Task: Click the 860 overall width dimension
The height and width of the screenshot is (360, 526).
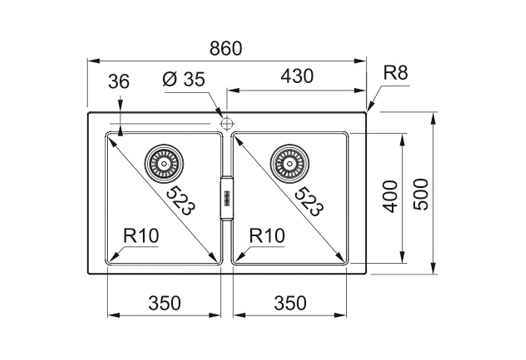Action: pyautogui.click(x=226, y=49)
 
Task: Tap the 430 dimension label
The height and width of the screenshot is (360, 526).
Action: pyautogui.click(x=297, y=76)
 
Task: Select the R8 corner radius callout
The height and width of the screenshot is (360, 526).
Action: pyautogui.click(x=395, y=73)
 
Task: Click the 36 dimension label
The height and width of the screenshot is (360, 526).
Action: pyautogui.click(x=119, y=82)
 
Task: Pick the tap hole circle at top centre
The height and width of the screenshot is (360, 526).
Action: pyautogui.click(x=227, y=123)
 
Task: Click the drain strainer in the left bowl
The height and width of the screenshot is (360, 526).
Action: pyautogui.click(x=164, y=164)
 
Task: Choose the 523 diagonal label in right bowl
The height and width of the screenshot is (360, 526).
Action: pyautogui.click(x=309, y=201)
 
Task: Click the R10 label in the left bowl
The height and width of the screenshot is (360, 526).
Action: pyautogui.click(x=141, y=236)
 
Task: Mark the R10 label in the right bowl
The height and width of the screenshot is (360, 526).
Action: pyautogui.click(x=267, y=236)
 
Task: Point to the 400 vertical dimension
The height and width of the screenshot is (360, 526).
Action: pyautogui.click(x=390, y=196)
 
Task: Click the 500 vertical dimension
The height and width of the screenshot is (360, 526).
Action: pyautogui.click(x=421, y=194)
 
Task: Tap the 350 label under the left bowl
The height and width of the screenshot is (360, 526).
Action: pyautogui.click(x=164, y=303)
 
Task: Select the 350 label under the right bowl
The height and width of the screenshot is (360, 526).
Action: pyautogui.click(x=290, y=303)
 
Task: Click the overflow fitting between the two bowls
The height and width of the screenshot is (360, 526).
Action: pyautogui.click(x=227, y=198)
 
